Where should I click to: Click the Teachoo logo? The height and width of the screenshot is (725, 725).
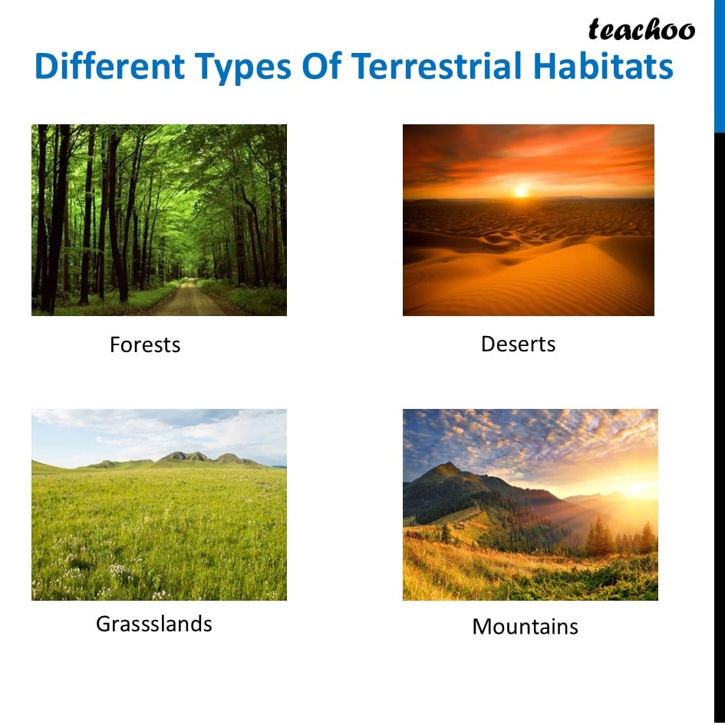(641, 29)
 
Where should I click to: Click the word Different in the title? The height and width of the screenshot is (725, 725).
(110, 66)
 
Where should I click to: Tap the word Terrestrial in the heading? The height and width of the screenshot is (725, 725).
(437, 66)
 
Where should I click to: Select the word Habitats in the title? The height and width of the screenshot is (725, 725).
(603, 66)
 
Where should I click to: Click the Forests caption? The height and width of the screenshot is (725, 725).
(145, 344)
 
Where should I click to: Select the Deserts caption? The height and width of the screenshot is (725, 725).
(519, 344)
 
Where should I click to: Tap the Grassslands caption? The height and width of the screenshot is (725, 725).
(154, 624)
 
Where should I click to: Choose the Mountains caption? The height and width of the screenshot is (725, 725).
(526, 627)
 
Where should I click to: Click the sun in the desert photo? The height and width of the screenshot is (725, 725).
(522, 191)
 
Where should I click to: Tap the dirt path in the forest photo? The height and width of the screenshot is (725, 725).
(189, 300)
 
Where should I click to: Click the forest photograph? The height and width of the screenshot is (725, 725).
(159, 220)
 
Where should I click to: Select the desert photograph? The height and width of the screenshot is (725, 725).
(529, 220)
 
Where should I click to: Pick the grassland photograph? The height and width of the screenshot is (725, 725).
(159, 505)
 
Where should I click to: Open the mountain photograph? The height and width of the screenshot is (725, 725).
(530, 505)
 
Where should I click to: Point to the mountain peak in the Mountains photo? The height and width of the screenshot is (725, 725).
(447, 464)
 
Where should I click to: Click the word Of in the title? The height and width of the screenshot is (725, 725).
(321, 66)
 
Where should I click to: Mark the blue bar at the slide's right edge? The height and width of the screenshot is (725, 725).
(720, 66)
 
